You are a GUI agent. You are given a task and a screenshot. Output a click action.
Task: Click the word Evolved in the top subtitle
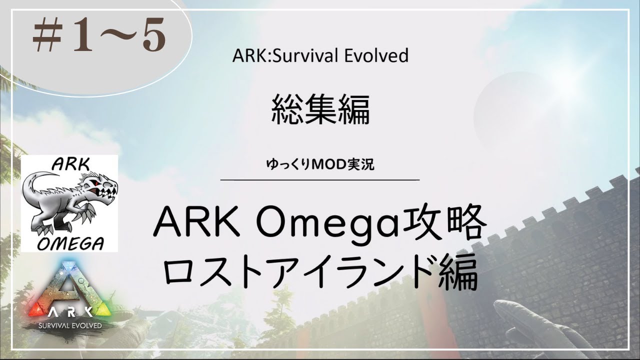click(376, 56)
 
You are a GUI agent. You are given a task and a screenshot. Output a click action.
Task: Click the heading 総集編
click(320, 110)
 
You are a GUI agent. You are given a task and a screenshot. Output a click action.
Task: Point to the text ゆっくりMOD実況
click(320, 164)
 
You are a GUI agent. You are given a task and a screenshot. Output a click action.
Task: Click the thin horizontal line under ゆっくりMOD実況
click(320, 180)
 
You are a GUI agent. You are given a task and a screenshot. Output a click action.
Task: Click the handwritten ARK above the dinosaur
click(70, 164)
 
